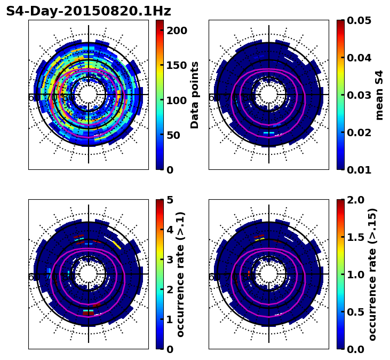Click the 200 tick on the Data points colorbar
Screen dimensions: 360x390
pos(176,30)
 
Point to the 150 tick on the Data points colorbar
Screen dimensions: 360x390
pos(176,65)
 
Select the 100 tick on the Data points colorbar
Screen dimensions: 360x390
pos(176,100)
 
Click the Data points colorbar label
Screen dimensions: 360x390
pos(195,95)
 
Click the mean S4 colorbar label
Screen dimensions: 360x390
pos(379,95)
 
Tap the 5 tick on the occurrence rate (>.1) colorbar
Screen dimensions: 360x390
pos(170,200)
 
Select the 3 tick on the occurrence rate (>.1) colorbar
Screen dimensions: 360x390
pos(170,260)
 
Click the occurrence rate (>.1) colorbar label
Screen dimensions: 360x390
pos(180,274)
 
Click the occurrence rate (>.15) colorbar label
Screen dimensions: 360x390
pos(372,274)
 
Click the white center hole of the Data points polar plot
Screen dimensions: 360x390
pos(89,95)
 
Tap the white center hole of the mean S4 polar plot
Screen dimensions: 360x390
pos(269,95)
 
